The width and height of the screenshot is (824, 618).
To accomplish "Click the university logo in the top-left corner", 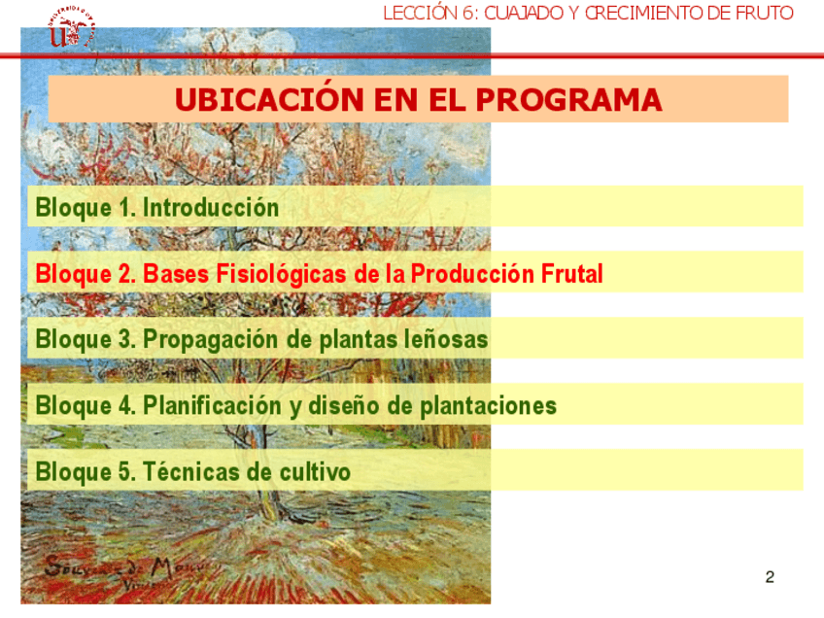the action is click(x=71, y=28).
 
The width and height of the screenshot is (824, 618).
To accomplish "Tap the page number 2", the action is click(x=770, y=577).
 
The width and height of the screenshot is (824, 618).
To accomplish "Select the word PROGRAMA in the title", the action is click(x=568, y=100).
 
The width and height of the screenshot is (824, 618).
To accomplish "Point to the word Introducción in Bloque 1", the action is click(x=211, y=207).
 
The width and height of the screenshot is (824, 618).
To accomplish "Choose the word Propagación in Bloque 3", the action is click(x=211, y=340).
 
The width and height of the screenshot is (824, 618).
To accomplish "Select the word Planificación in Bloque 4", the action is click(x=212, y=406).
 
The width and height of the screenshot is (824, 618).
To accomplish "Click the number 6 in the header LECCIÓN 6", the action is click(x=467, y=13).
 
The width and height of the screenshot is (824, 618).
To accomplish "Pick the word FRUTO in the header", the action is click(x=764, y=13).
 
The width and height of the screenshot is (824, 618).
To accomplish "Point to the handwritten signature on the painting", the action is click(x=126, y=571).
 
